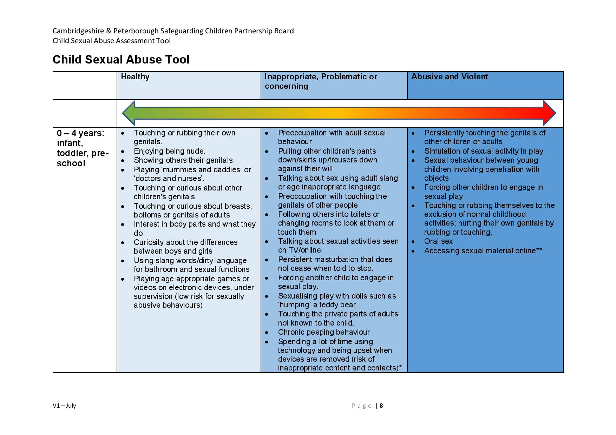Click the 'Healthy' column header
[x=135, y=77]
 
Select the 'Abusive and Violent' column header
[x=449, y=77]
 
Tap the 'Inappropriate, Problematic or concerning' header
[x=321, y=81]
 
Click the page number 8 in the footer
[x=381, y=406]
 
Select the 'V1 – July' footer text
[x=64, y=406]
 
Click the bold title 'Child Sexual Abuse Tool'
[x=121, y=60]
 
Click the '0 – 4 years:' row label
[x=81, y=133]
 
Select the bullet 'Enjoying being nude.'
[x=169, y=151]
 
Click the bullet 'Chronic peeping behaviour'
[x=324, y=332]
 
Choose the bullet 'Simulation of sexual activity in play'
[x=484, y=151]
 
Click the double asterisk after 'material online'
[x=539, y=250]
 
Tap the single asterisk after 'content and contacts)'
[x=400, y=367]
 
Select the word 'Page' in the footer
[x=361, y=406]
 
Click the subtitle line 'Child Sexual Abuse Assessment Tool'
[x=112, y=41]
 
